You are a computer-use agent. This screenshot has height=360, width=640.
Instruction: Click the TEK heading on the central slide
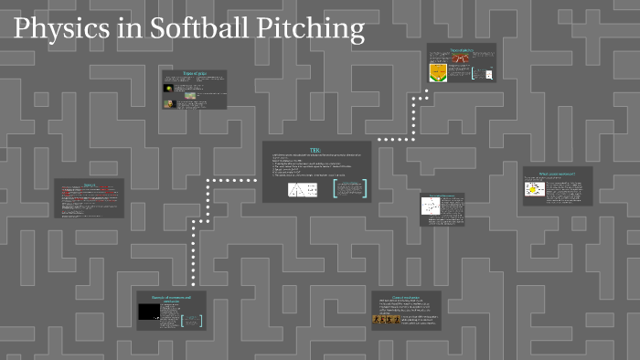click(x=316, y=150)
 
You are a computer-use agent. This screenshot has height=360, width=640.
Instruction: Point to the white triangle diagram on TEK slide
click(x=303, y=190)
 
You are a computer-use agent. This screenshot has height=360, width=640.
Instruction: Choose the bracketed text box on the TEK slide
click(x=349, y=189)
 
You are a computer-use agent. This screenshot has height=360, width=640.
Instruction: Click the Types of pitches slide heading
click(x=195, y=73)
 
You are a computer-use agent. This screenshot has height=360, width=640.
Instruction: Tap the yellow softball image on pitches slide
click(x=168, y=89)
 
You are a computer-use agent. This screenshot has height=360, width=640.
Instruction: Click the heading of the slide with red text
click(x=90, y=184)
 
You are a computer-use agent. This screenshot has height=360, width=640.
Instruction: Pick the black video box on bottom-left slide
click(x=147, y=312)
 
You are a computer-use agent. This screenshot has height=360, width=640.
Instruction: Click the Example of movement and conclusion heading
click(x=172, y=298)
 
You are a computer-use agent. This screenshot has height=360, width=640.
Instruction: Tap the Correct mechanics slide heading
click(x=406, y=296)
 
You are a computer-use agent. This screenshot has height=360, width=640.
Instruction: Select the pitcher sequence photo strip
click(x=386, y=320)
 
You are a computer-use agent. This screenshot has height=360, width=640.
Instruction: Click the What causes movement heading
click(x=558, y=173)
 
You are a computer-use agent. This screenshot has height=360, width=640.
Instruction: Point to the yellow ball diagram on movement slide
click(x=534, y=190)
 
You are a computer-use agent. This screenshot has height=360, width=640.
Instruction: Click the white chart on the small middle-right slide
click(x=431, y=206)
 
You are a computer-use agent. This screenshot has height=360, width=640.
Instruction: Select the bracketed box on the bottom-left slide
click(x=191, y=320)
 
